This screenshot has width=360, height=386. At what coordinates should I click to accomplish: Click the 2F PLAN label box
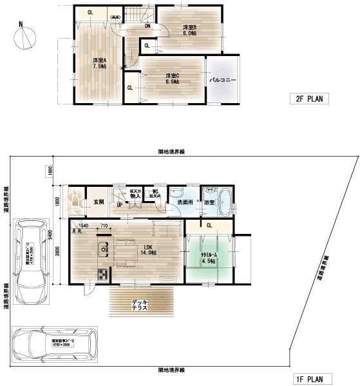pos(308,99)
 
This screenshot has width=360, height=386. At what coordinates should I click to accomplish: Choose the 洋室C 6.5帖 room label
pos(171,79)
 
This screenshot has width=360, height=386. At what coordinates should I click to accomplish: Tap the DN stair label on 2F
pos(147,26)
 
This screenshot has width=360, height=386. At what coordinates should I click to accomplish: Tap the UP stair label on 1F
pos(120,204)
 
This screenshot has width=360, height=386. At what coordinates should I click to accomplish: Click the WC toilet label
pos(155,193)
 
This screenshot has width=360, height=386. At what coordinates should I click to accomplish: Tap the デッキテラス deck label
pos(140,305)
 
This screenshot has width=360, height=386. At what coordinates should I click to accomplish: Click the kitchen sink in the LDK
pos(102,249)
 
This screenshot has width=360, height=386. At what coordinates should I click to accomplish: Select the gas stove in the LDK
pos(102,275)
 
